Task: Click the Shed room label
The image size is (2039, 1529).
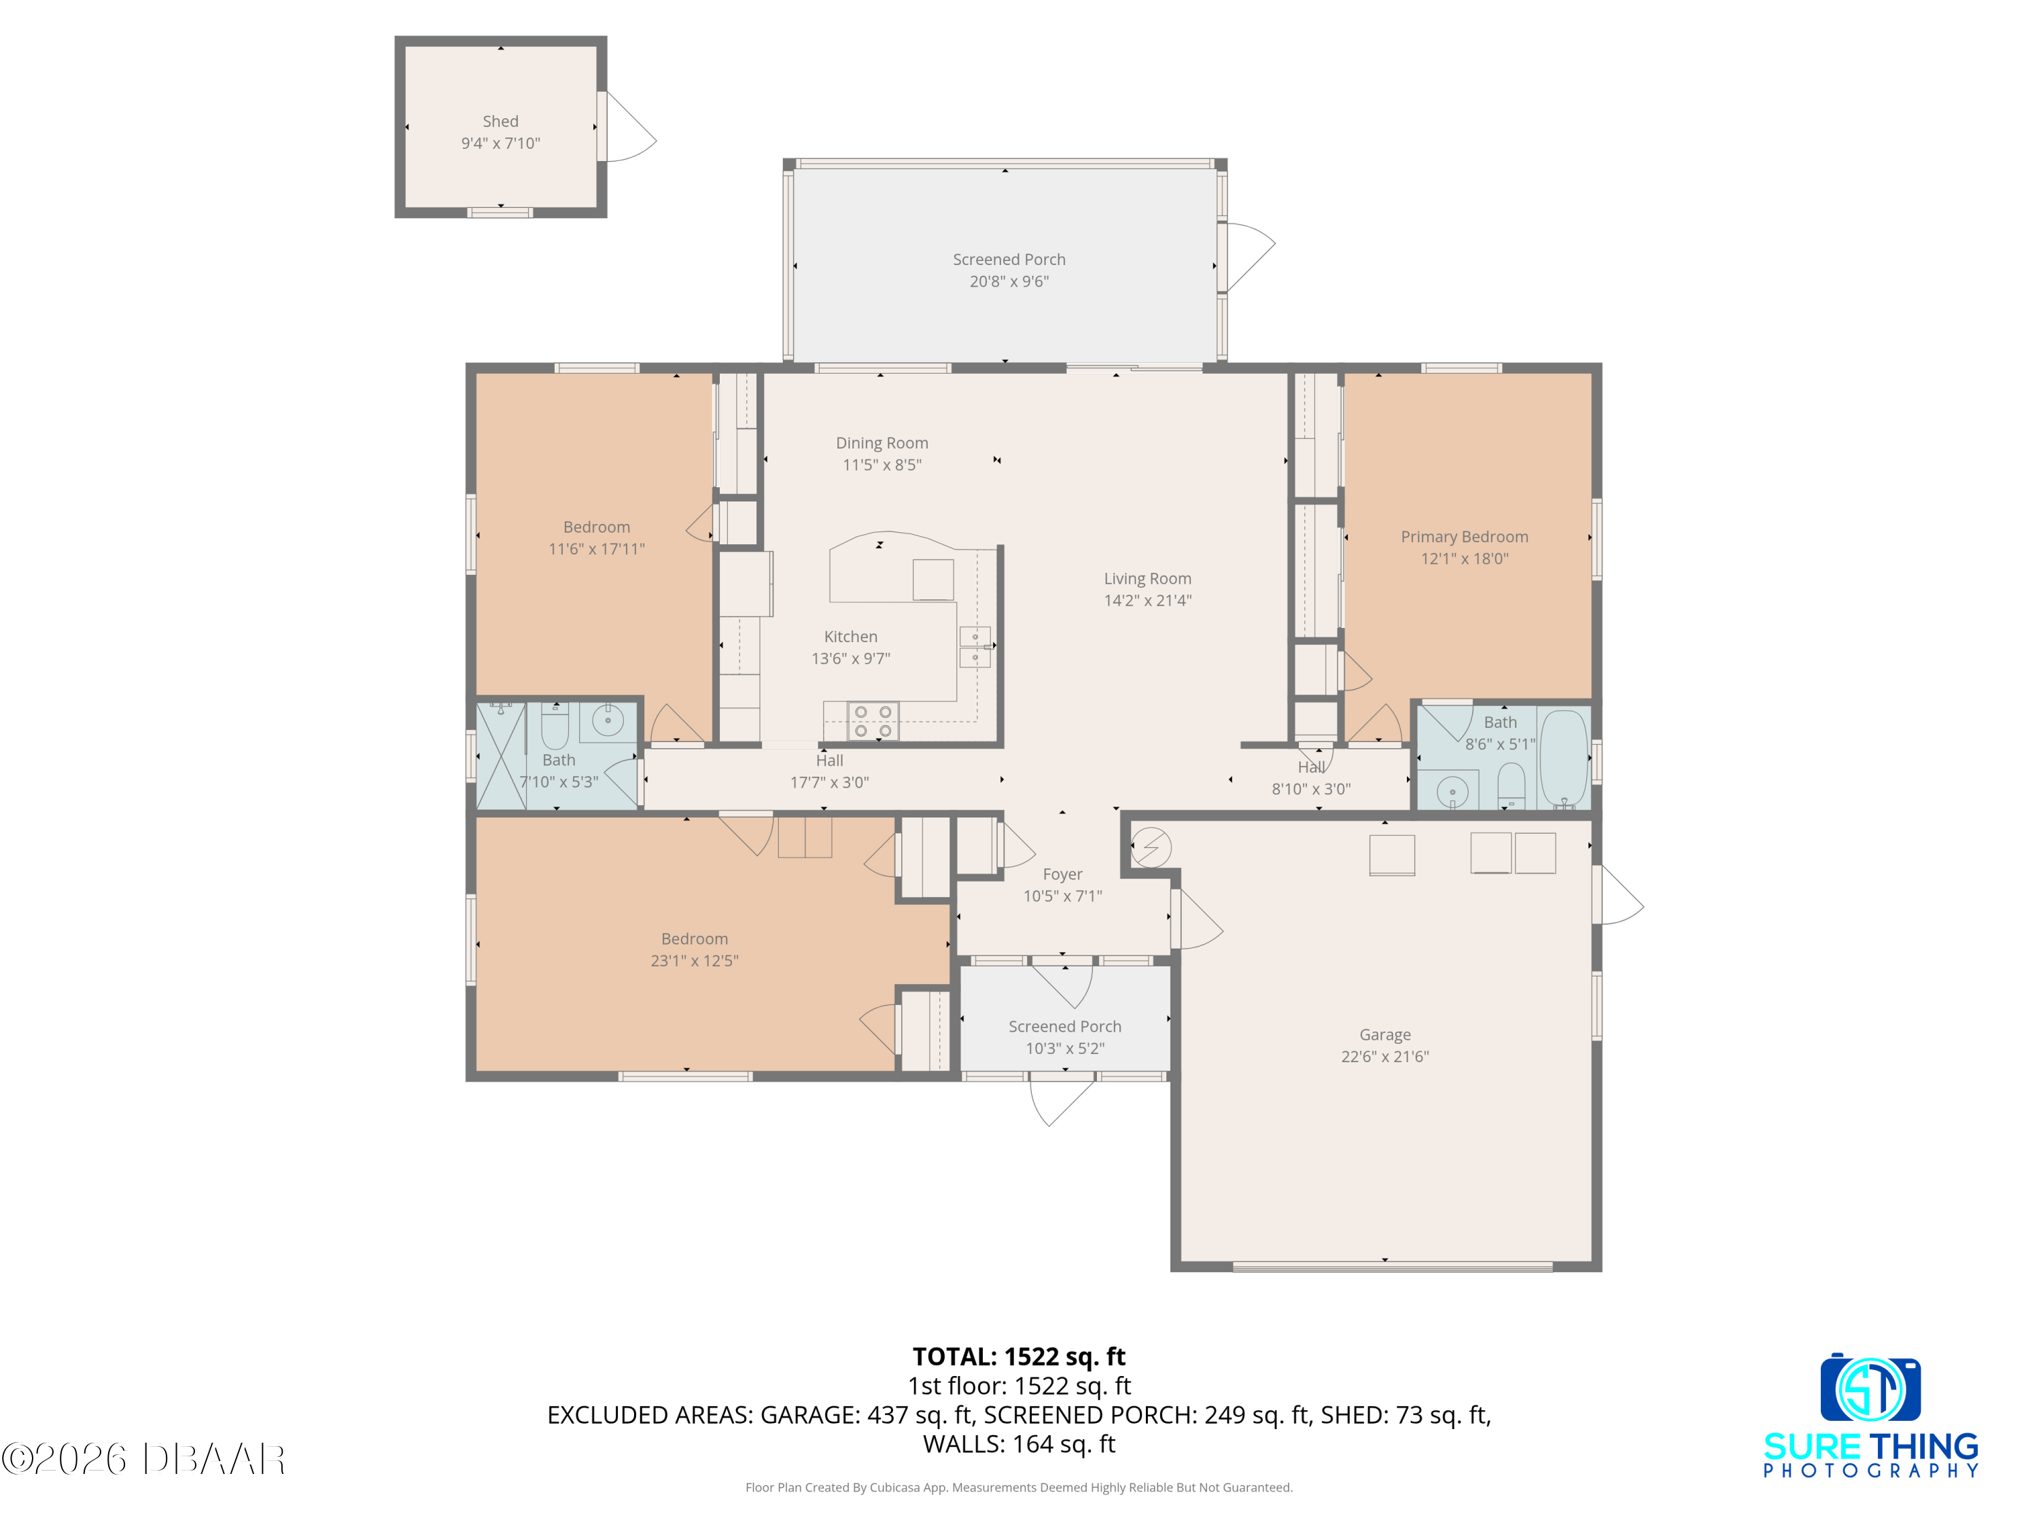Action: click(500, 122)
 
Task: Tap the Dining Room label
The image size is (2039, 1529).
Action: click(882, 443)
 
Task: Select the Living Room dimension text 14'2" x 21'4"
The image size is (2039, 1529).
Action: click(1148, 601)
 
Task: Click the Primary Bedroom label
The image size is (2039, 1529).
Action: click(1465, 536)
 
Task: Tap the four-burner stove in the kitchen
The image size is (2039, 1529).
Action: click(873, 722)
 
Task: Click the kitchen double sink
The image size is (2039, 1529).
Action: click(975, 646)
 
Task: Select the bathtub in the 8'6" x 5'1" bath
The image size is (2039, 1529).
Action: click(1563, 758)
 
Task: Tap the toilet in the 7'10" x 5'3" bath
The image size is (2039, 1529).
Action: click(555, 725)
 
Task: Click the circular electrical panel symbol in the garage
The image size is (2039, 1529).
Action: click(1151, 847)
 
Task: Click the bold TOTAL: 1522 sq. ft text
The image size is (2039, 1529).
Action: click(1019, 1356)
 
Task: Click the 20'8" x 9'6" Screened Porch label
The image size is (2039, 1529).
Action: click(1009, 260)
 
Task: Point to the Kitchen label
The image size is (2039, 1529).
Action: click(851, 637)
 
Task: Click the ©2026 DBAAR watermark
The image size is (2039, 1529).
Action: click(143, 1459)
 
